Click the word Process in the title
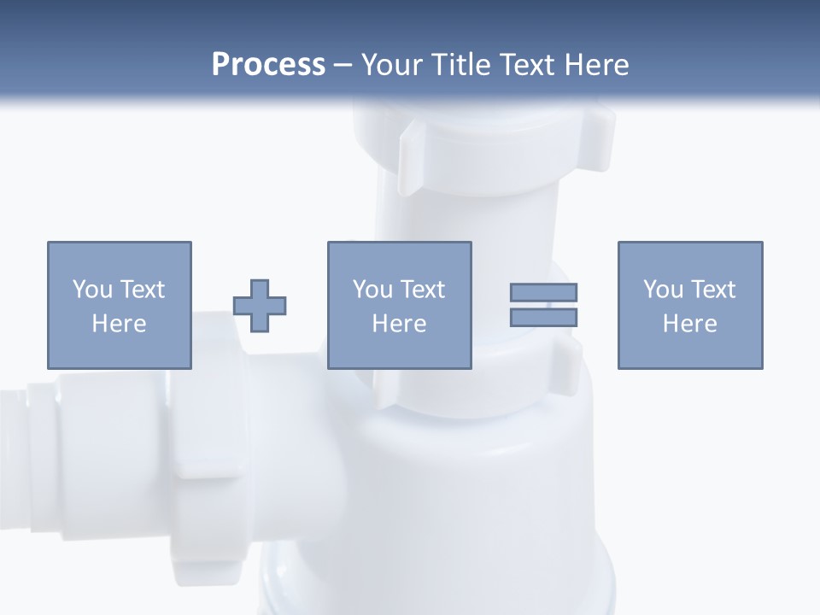[268, 65]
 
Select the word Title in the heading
[462, 65]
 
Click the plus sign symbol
[260, 305]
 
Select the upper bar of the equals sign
[543, 292]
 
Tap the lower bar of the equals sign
[543, 317]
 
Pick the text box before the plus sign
[119, 305]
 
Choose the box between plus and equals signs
[399, 305]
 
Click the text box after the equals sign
[689, 305]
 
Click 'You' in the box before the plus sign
[92, 290]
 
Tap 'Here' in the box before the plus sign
[119, 324]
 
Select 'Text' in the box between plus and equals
[423, 290]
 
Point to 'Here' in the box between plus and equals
[399, 324]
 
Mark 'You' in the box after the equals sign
[663, 290]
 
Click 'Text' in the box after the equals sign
[713, 290]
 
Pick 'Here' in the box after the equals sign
[689, 324]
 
